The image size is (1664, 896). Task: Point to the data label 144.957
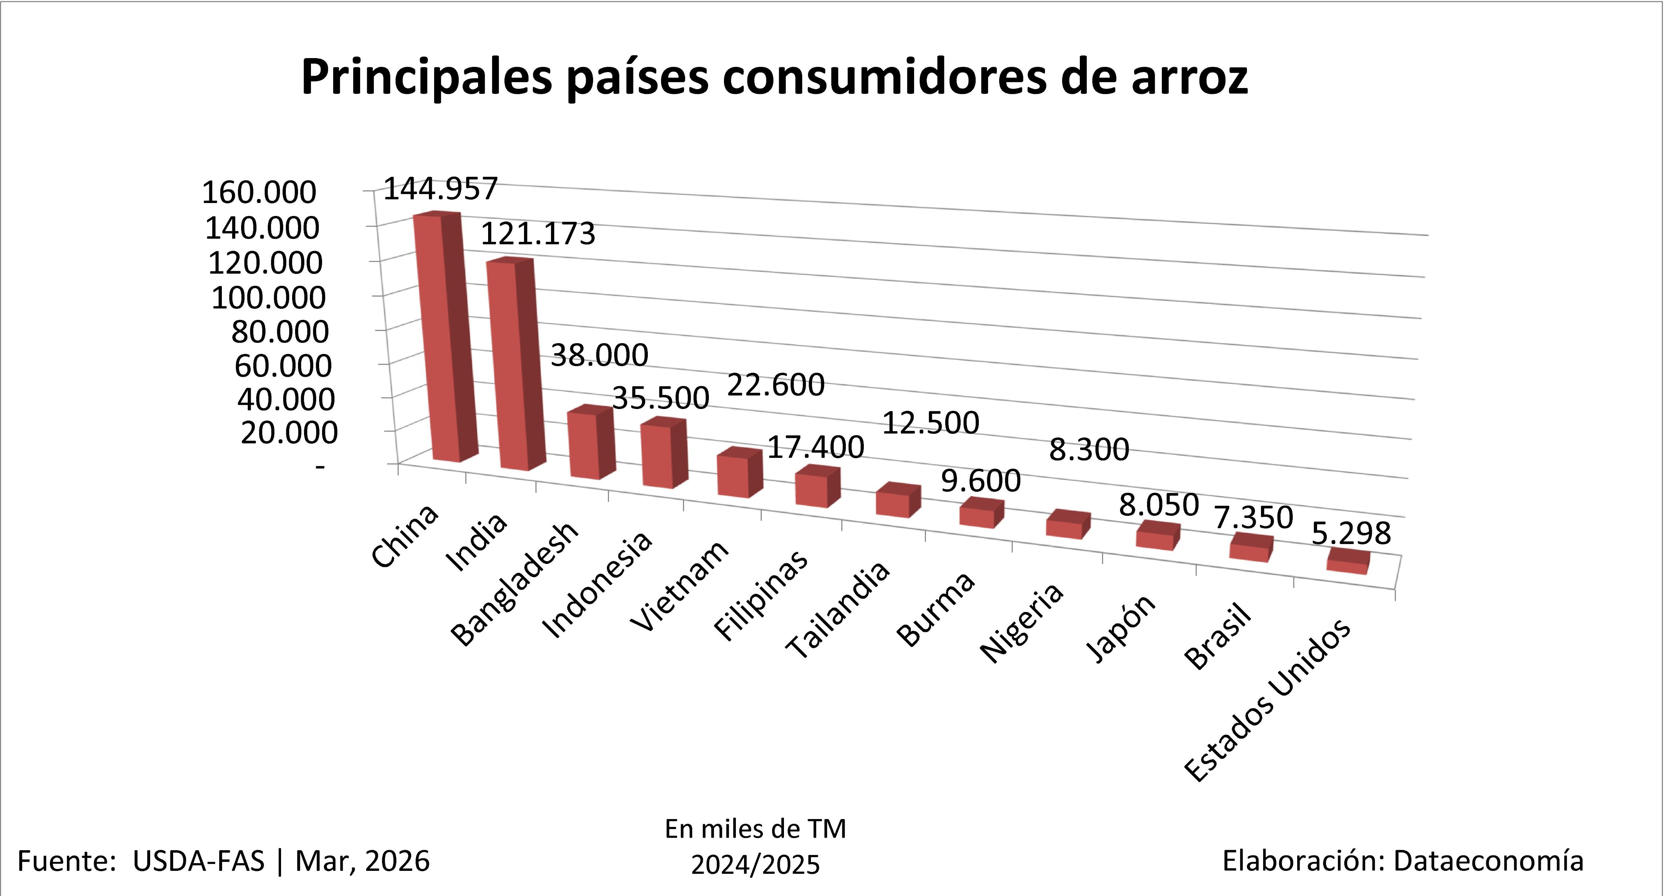(441, 189)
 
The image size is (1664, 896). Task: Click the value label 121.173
(538, 234)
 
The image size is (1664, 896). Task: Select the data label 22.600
(776, 385)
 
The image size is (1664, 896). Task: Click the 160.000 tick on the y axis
(259, 193)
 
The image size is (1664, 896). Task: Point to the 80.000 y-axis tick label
(280, 332)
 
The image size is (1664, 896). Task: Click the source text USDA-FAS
(198, 861)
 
